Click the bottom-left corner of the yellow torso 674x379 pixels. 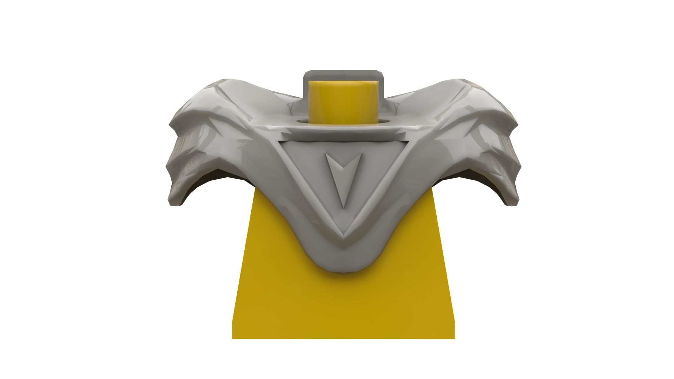[x=233, y=338]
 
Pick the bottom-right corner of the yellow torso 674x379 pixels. [x=454, y=338]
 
